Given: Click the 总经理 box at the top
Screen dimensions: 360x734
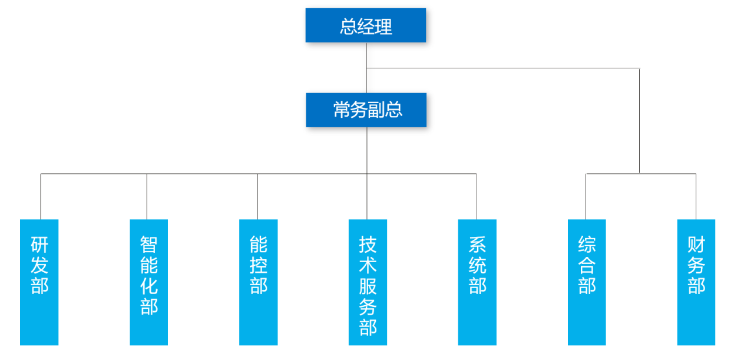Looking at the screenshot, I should [365, 25].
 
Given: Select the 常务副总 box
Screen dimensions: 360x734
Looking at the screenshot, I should [366, 110].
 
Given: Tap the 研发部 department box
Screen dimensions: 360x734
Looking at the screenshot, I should [39, 282].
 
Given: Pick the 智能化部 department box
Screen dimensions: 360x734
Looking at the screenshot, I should [149, 282].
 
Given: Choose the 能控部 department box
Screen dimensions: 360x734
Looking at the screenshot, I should [259, 282].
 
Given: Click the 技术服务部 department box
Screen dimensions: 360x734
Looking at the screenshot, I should [368, 282].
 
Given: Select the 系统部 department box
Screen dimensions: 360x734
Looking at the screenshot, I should [477, 282].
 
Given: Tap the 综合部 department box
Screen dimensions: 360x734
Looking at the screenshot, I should [587, 282].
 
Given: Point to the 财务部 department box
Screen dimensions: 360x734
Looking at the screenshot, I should [696, 282].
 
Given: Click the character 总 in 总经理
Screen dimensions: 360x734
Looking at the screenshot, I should [349, 27].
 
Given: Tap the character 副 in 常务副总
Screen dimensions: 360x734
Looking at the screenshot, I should [377, 110].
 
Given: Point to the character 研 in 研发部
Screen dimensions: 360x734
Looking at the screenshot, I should [39, 245].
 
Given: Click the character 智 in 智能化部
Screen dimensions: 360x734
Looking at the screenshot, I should [149, 244].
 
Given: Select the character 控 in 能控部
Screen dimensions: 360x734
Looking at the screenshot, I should [259, 265].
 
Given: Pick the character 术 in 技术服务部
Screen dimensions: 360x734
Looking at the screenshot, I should [368, 265].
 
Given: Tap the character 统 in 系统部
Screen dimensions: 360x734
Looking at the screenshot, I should [478, 265].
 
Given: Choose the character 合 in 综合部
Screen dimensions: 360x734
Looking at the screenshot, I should [587, 265].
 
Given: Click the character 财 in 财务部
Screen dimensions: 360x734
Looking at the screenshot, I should [696, 245].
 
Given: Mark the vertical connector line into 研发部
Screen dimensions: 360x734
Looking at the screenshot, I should [41, 197].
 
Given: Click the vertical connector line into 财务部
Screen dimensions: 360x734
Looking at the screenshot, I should [696, 197].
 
